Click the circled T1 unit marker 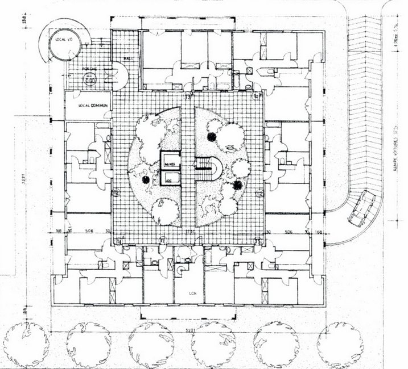163,240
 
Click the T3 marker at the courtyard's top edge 187,98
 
